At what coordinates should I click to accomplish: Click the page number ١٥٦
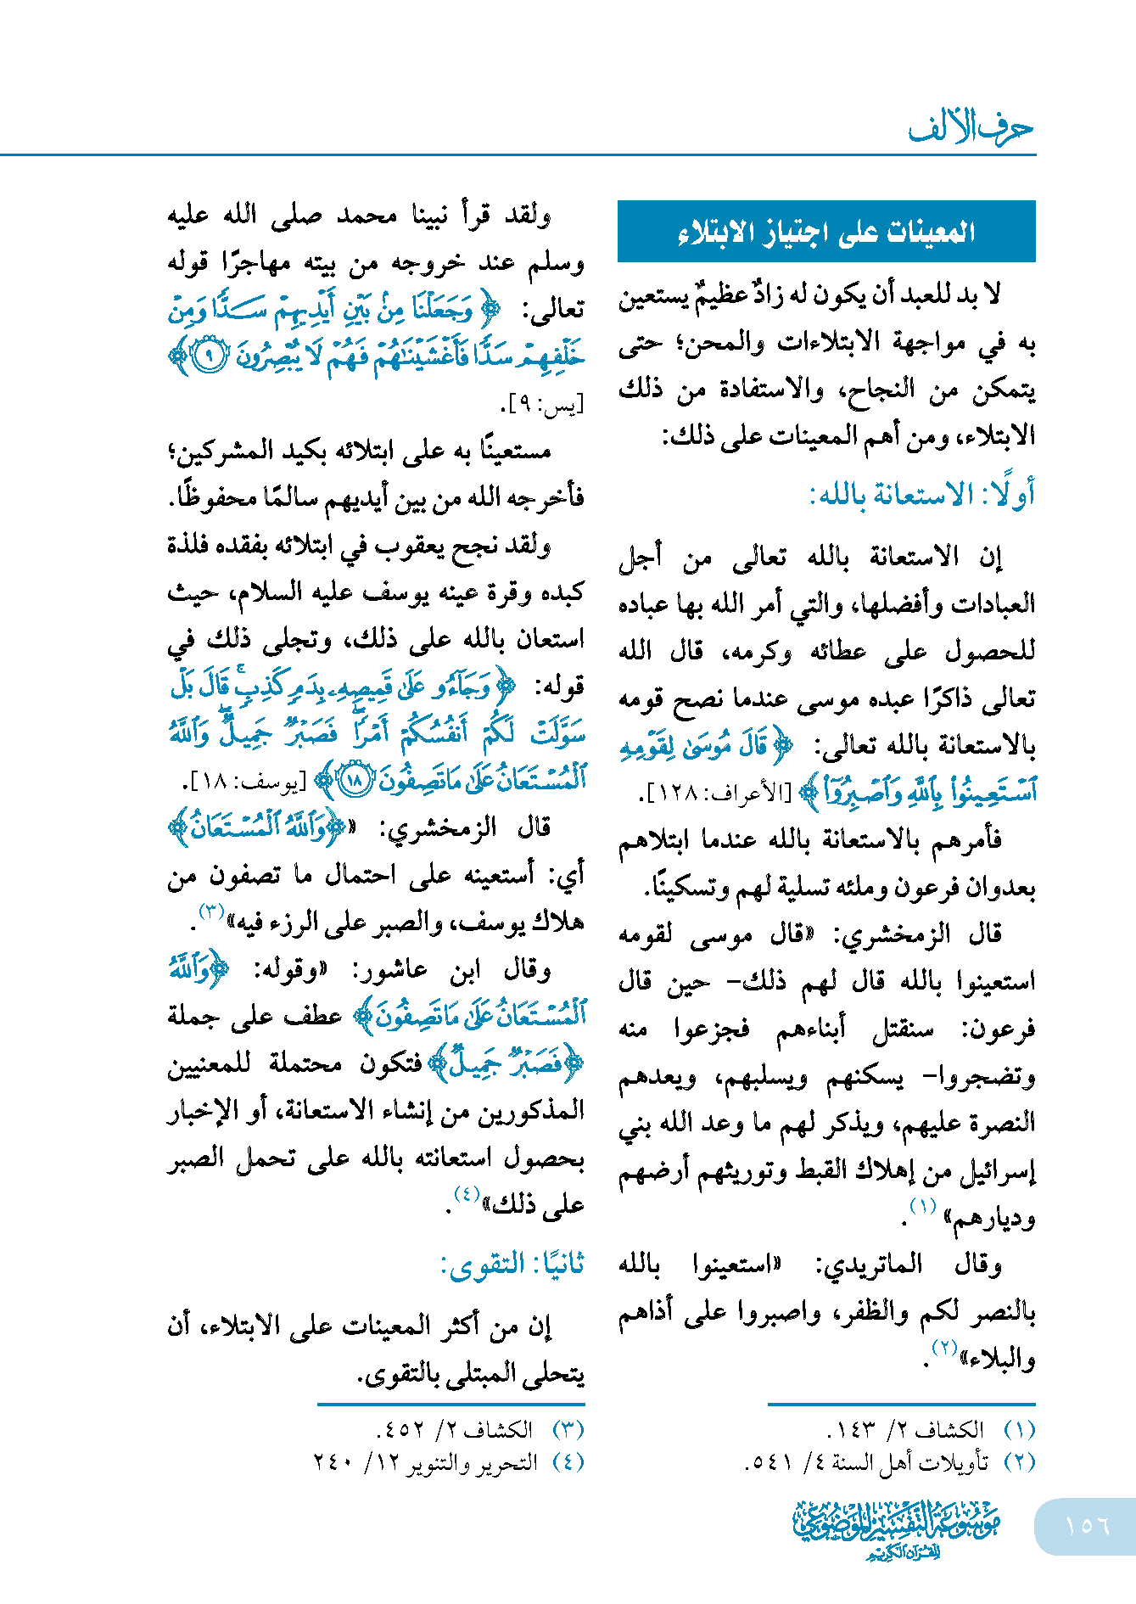coord(1087,1525)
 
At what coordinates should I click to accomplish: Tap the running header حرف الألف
coord(971,128)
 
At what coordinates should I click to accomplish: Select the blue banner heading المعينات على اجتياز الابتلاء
coord(826,231)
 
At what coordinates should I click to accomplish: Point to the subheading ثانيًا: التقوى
coord(512,1264)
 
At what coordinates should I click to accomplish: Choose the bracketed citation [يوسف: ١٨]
coord(247,782)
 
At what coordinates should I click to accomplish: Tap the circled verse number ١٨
coord(354,780)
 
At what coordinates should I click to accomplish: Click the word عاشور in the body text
coord(390,969)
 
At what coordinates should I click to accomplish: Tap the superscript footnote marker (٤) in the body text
coord(467,1193)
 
